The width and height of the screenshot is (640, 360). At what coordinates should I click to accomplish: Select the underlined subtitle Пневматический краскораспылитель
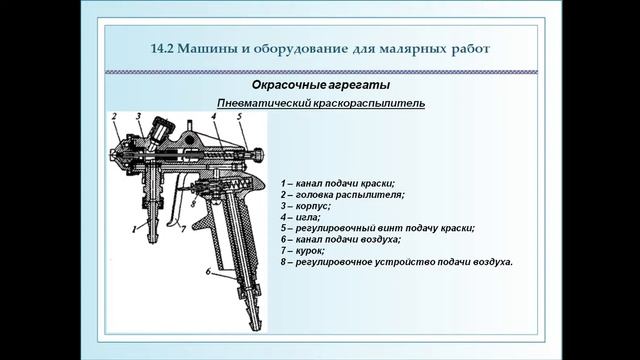click(x=321, y=104)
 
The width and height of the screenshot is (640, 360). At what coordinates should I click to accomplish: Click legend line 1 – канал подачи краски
click(x=339, y=184)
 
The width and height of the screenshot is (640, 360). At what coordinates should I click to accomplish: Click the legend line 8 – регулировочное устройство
click(x=397, y=262)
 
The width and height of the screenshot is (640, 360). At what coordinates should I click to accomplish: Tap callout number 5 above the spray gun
click(x=240, y=118)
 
